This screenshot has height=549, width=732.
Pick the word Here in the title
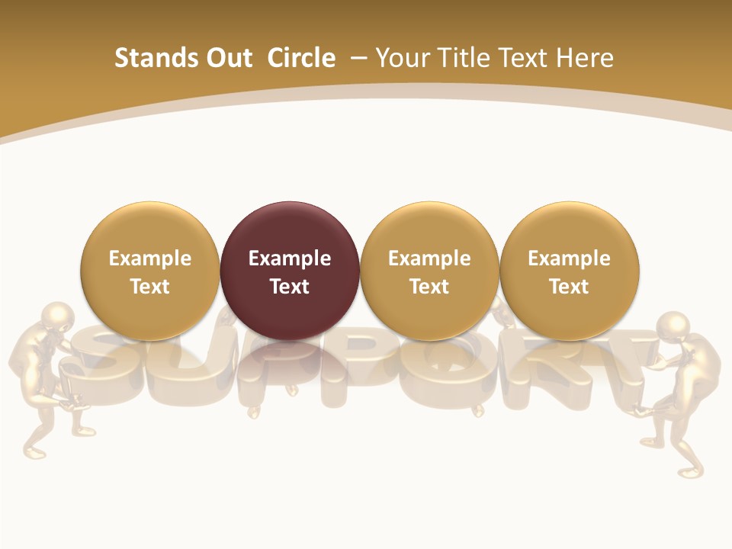tap(586, 58)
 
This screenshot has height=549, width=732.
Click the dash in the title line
tap(357, 59)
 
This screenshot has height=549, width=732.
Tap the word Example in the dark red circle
tap(290, 258)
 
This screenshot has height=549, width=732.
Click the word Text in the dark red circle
tap(290, 287)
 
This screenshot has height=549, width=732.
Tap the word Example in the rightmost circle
tap(570, 258)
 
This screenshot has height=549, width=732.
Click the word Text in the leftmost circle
tap(149, 287)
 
